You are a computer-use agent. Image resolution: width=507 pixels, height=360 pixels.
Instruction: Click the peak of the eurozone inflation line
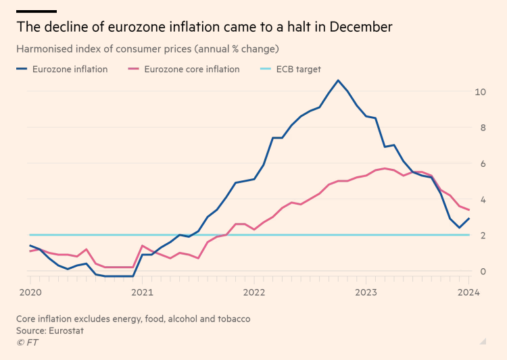tap(338, 80)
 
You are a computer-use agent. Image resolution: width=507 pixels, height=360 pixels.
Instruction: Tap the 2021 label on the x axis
tap(142, 292)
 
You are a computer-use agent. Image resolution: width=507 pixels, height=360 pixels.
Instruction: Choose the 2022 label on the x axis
tap(254, 292)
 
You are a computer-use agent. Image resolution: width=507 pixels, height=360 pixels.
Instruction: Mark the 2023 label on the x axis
tap(366, 292)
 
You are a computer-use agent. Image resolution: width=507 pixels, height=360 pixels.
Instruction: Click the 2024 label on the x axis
tap(468, 292)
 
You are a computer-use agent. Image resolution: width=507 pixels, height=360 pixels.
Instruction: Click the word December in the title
tap(359, 28)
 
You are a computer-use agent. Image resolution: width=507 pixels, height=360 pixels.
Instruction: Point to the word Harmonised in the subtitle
tap(43, 49)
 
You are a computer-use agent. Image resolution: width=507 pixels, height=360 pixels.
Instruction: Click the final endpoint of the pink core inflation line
tap(469, 210)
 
